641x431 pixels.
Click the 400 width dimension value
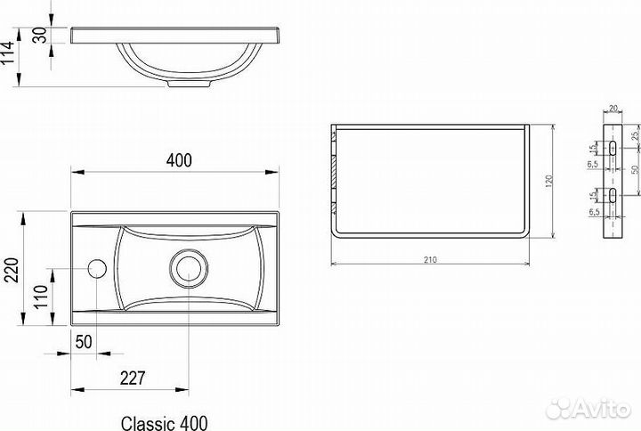(179, 160)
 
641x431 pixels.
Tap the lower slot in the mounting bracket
(614, 196)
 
